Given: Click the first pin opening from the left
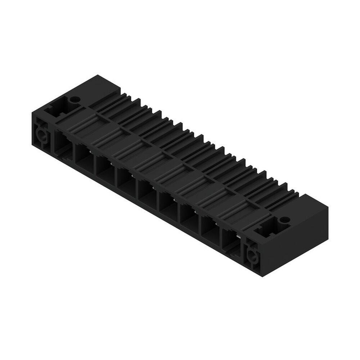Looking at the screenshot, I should pos(62,144).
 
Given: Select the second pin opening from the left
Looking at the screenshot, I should pos(84,157).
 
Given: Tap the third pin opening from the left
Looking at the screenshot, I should pos(104,169).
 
